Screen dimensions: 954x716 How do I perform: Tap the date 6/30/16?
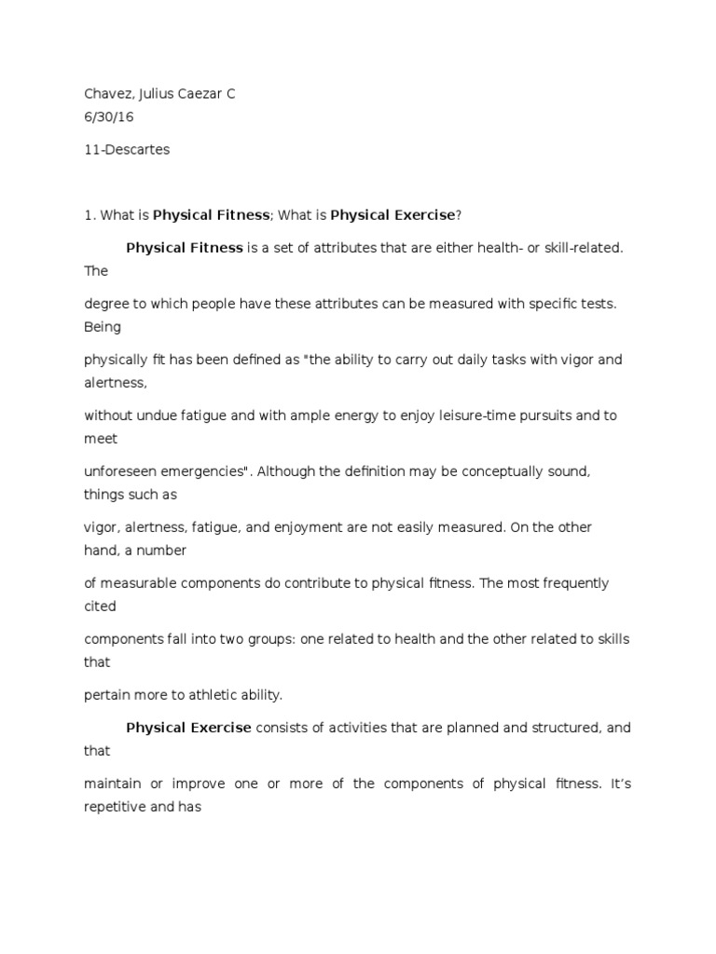(104, 118)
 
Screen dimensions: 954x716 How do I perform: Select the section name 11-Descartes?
(127, 150)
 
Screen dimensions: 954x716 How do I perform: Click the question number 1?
(89, 215)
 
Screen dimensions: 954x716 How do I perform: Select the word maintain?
(112, 784)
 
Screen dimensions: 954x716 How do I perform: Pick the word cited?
(100, 606)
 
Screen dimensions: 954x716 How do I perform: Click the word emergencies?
(205, 471)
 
